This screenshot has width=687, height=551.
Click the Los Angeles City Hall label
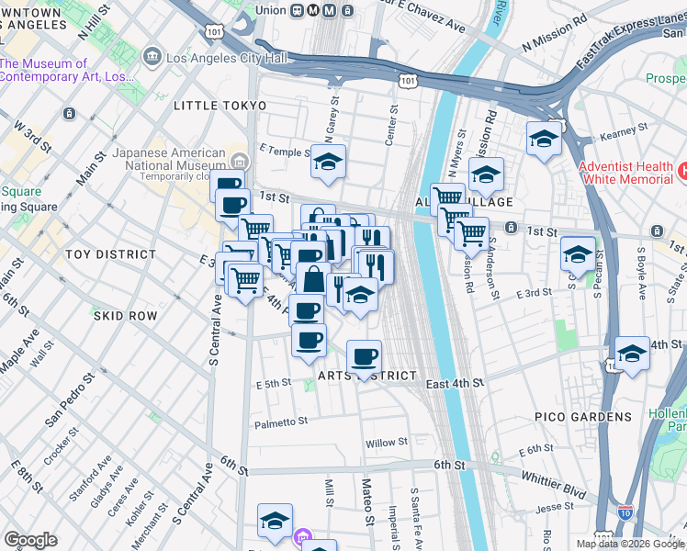[x=226, y=59]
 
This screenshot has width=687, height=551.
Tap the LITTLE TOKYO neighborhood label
[x=220, y=106]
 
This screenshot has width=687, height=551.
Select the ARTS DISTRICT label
[x=367, y=377]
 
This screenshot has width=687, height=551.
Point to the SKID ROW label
[x=125, y=316]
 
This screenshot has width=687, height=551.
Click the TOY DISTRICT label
[x=110, y=253]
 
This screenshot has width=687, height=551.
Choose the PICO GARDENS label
[x=583, y=417]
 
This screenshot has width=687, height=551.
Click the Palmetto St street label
[x=281, y=422]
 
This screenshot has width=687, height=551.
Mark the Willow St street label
[x=387, y=443]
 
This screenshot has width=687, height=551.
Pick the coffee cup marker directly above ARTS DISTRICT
[x=364, y=355]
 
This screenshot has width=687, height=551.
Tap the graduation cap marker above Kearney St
[x=545, y=138]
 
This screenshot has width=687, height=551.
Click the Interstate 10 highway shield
[x=625, y=512]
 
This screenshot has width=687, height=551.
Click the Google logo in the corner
[x=30, y=540]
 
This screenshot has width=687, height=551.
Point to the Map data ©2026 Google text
[x=629, y=544]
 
